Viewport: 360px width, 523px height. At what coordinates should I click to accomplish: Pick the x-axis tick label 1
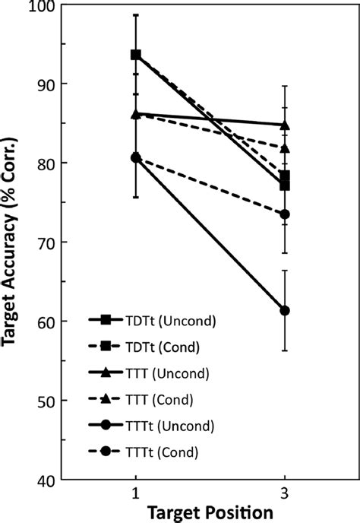point(135,493)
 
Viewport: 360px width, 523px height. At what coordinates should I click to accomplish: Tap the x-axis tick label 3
point(285,493)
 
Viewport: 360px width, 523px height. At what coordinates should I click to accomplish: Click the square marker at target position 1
point(135,55)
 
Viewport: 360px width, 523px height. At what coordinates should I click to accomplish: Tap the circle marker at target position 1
point(135,157)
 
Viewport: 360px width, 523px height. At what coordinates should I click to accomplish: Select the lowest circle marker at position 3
point(285,310)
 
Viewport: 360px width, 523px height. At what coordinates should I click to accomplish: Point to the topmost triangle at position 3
point(285,125)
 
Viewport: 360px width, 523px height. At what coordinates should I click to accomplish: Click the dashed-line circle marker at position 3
point(285,214)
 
